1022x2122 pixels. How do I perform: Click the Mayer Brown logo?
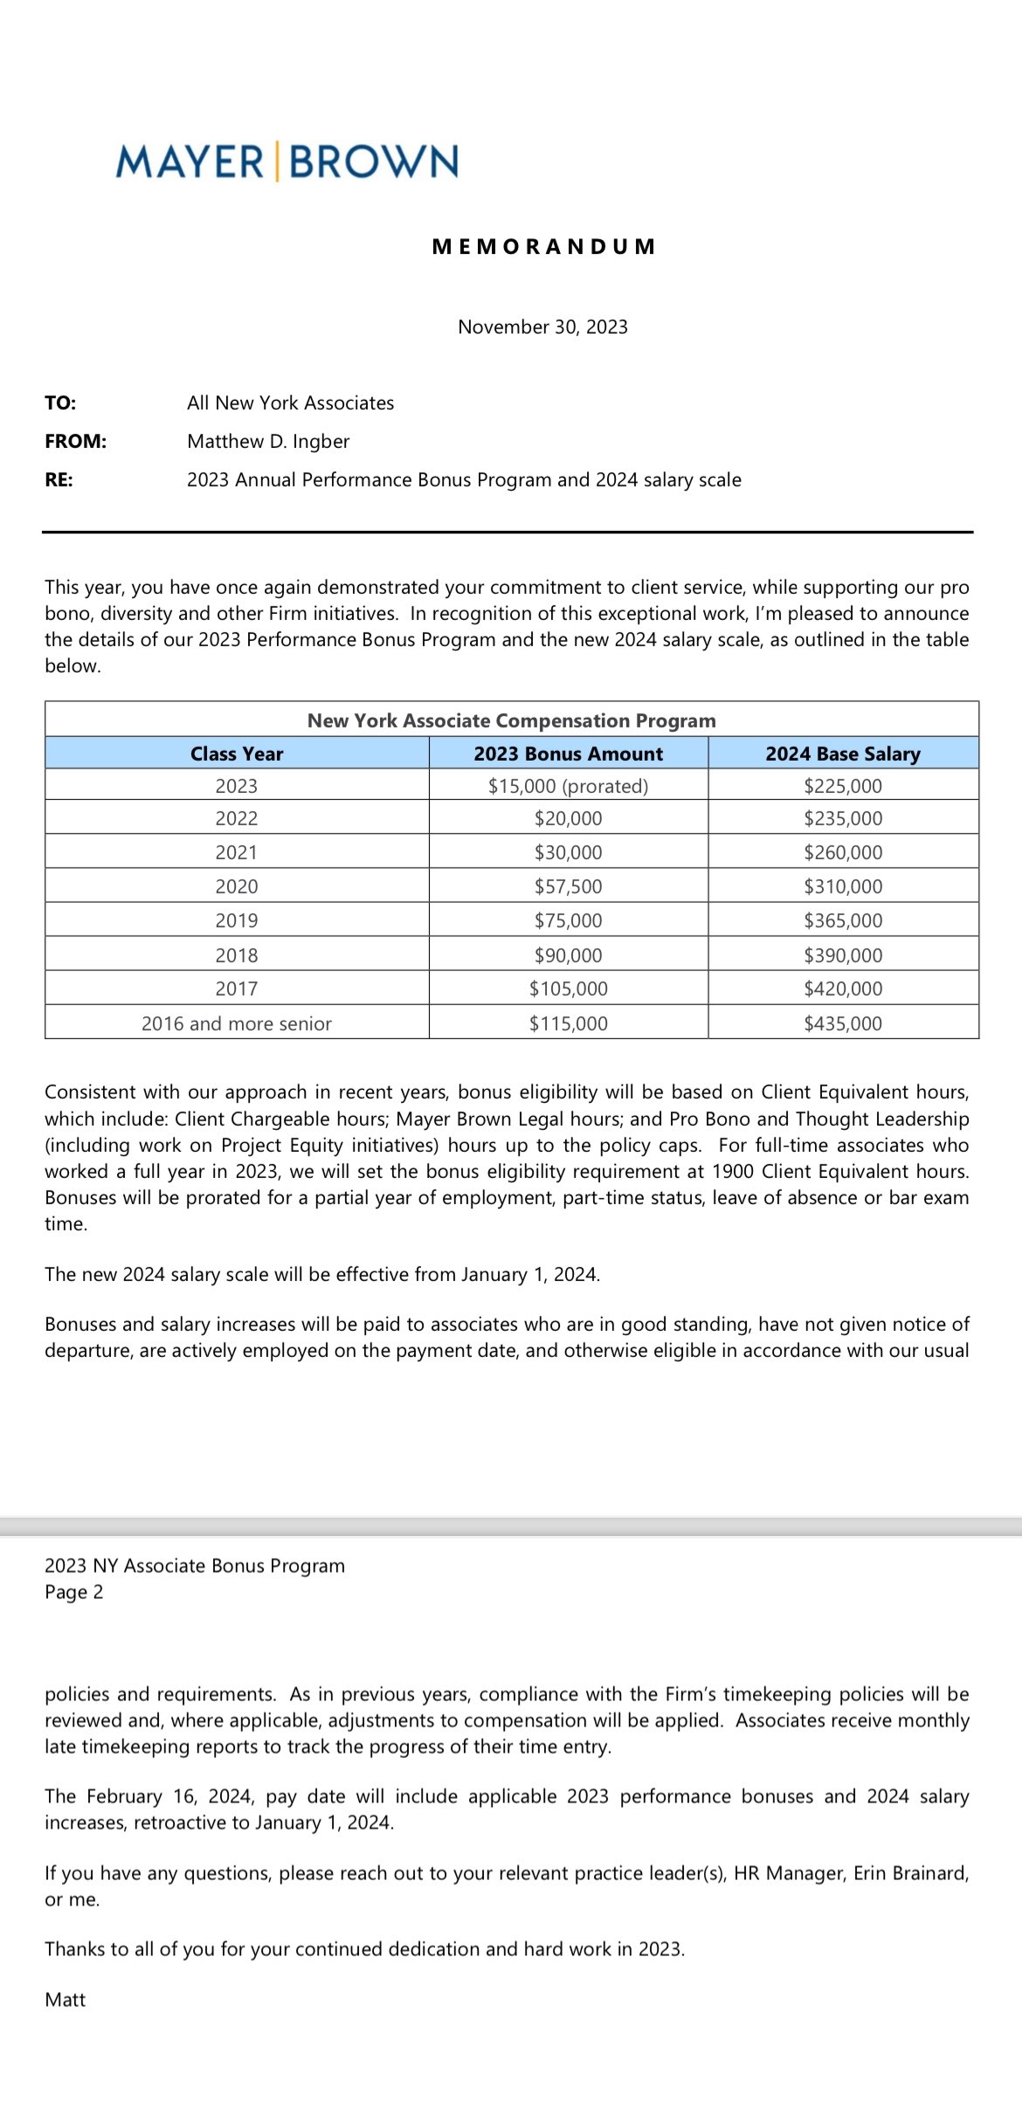pyautogui.click(x=287, y=162)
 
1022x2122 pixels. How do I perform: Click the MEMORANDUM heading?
pyautogui.click(x=543, y=246)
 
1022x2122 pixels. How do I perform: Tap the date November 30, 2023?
pyautogui.click(x=542, y=327)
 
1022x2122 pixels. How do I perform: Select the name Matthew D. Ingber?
pyautogui.click(x=268, y=442)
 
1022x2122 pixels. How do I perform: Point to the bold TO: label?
pyautogui.click(x=60, y=403)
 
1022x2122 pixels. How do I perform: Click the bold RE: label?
pyautogui.click(x=59, y=480)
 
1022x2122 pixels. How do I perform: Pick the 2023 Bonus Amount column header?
pyautogui.click(x=568, y=754)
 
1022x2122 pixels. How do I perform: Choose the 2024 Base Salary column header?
pyautogui.click(x=843, y=754)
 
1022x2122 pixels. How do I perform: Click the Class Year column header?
pyautogui.click(x=237, y=754)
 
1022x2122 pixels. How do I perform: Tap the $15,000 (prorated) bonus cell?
pyautogui.click(x=568, y=786)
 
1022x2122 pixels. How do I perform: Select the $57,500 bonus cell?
pyautogui.click(x=568, y=886)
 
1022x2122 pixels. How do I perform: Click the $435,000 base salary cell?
pyautogui.click(x=843, y=1023)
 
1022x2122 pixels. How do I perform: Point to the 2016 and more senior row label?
pyautogui.click(x=237, y=1023)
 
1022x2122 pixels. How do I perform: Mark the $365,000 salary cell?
pyautogui.click(x=843, y=920)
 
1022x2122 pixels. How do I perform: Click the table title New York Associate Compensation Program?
pyautogui.click(x=511, y=720)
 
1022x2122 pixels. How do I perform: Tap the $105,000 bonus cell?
pyautogui.click(x=568, y=989)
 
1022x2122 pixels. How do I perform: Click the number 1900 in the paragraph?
pyautogui.click(x=732, y=1171)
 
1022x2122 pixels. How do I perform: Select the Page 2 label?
pyautogui.click(x=74, y=1592)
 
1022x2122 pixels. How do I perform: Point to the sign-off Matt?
pyautogui.click(x=66, y=2000)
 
